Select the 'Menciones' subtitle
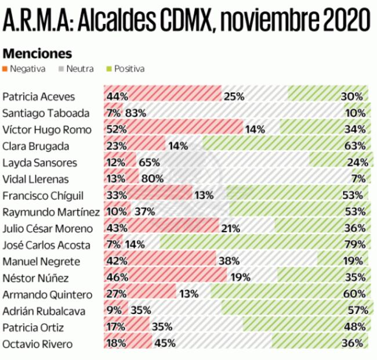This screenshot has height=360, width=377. (37, 53)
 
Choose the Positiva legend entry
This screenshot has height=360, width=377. (125, 69)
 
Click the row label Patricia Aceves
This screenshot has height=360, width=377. (39, 96)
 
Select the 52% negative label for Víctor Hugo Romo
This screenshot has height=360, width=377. (117, 129)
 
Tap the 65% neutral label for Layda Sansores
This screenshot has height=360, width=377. (150, 163)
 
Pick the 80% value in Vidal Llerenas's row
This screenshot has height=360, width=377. (151, 179)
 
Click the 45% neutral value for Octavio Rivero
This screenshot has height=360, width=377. (165, 344)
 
